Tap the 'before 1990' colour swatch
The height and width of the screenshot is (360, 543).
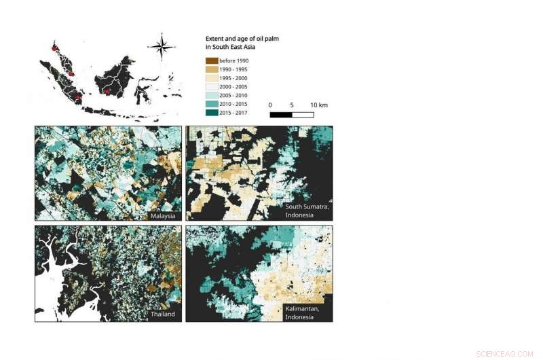(212, 61)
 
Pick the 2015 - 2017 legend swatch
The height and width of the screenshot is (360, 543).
(212, 112)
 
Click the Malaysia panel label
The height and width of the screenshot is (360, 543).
(163, 215)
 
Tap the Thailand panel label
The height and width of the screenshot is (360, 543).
(163, 314)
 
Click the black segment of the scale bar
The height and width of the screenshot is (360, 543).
(280, 115)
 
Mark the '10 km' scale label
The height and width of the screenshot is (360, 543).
(319, 105)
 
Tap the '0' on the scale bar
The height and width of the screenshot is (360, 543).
(270, 105)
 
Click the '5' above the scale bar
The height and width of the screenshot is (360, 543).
(292, 105)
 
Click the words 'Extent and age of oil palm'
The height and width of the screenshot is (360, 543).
(242, 39)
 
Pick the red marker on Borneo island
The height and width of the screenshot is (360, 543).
(107, 90)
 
